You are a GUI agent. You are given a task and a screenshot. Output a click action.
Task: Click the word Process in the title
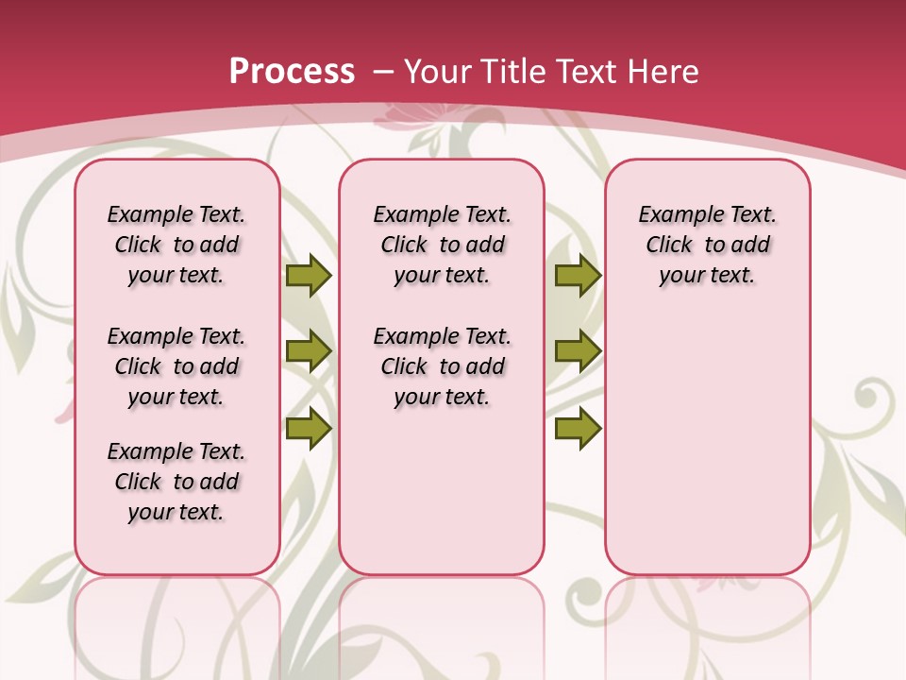(x=292, y=72)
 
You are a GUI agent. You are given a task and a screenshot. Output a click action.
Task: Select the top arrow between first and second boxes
(x=308, y=275)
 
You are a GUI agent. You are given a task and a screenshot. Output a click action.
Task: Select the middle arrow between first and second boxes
(x=308, y=351)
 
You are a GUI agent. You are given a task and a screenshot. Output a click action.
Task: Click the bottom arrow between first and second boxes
(x=308, y=429)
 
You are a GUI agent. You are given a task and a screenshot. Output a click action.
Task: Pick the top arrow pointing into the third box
(x=578, y=275)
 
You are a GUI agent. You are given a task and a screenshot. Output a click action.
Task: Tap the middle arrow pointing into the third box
(x=578, y=351)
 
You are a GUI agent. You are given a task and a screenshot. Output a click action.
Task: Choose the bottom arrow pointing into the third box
(x=578, y=429)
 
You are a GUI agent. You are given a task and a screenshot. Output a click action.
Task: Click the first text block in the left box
(x=176, y=245)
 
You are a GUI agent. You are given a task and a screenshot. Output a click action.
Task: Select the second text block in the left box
(x=176, y=366)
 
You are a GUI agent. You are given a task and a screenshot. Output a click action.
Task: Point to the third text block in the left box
(x=176, y=482)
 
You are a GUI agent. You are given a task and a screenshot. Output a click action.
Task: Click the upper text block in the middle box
(x=443, y=245)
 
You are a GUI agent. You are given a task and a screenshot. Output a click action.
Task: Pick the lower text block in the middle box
(x=443, y=366)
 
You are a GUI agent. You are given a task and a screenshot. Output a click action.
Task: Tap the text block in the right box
(x=708, y=245)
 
